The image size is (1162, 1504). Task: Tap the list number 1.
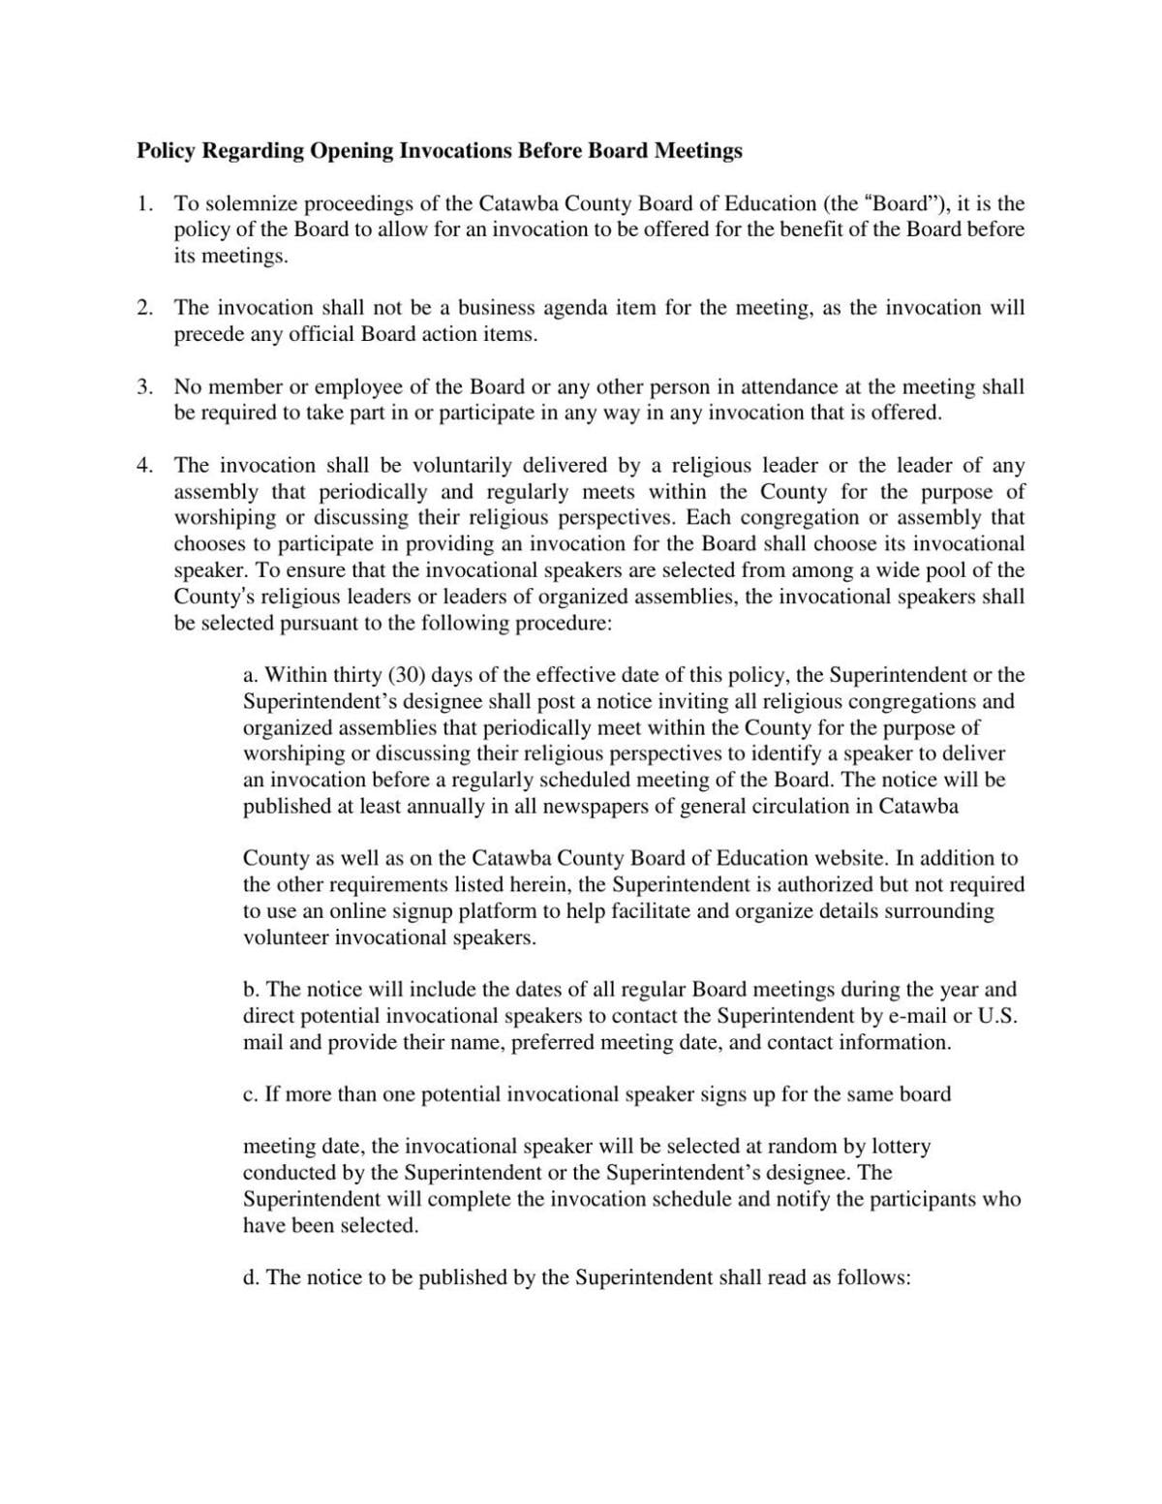click(x=144, y=204)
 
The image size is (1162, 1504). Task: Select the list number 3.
click(x=144, y=387)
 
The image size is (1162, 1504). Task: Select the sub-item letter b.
click(x=251, y=990)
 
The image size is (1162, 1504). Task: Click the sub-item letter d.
click(x=251, y=1277)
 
